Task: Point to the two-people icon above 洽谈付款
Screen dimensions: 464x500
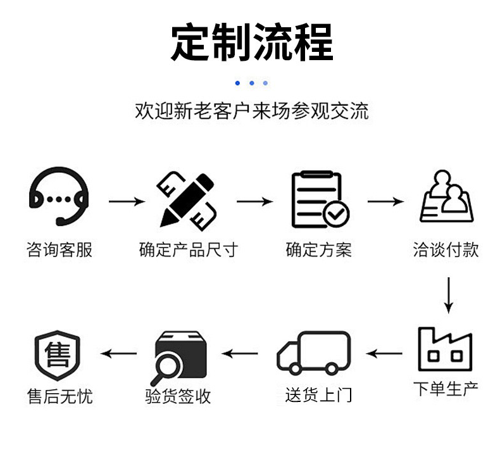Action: (x=447, y=196)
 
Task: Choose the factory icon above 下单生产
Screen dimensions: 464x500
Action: (x=445, y=349)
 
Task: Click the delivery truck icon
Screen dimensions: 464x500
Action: (x=313, y=353)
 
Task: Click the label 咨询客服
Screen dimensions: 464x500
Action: (x=59, y=249)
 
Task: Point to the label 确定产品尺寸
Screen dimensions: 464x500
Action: (x=188, y=249)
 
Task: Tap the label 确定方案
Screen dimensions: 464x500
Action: (x=318, y=249)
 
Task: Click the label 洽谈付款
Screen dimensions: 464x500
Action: (x=446, y=249)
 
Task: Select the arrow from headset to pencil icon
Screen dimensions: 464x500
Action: (x=127, y=202)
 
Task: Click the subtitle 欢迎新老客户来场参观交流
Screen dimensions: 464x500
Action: (x=251, y=111)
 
